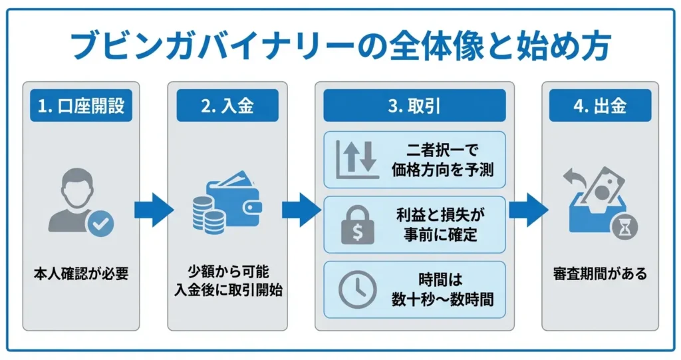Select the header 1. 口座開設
81,106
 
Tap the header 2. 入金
227,106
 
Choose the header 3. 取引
414,106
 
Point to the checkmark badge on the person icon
100,224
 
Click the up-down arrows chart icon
356,159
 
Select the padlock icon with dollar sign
357,224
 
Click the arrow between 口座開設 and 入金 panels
153,210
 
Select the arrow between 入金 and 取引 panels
301,210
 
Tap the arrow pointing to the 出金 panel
528,210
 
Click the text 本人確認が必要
81,273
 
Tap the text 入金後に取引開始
227,291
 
